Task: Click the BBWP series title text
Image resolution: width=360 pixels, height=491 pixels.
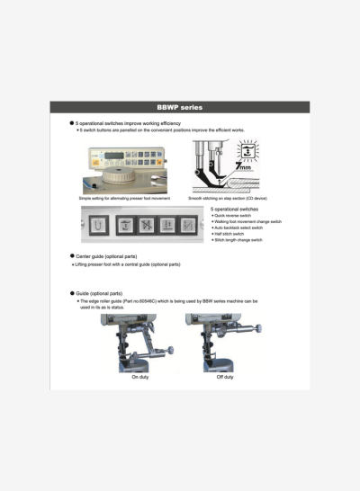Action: pyautogui.click(x=180, y=107)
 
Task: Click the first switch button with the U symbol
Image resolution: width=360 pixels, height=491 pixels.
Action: pyautogui.click(x=97, y=223)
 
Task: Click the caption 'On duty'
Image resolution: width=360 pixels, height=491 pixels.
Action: pyautogui.click(x=139, y=377)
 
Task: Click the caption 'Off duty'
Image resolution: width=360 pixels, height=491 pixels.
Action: pyautogui.click(x=224, y=377)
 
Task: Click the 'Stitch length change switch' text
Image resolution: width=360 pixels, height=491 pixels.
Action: pyautogui.click(x=239, y=241)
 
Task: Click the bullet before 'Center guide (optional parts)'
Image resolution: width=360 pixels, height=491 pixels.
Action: pyautogui.click(x=72, y=256)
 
